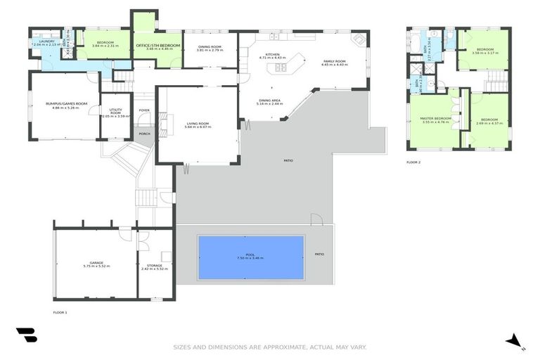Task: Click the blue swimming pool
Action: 251,257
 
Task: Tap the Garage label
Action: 94,264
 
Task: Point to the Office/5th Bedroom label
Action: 158,46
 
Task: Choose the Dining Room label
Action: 209,47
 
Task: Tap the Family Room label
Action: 335,62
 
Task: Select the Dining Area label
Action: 270,101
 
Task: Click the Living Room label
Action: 198,124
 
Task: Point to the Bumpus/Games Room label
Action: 62,105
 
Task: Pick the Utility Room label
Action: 115,112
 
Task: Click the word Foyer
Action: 144,110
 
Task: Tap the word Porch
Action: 144,134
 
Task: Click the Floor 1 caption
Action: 60,311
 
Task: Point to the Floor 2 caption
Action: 413,162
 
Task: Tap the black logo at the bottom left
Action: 26,334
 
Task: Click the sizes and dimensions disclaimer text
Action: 270,347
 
